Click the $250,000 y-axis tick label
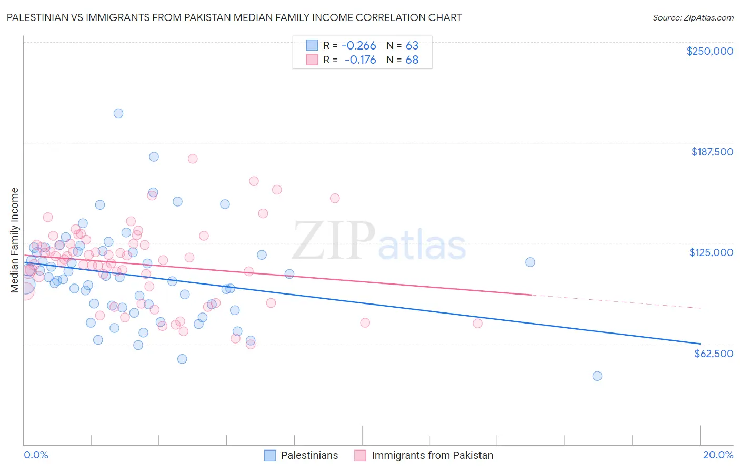(709, 51)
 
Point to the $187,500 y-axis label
(712, 152)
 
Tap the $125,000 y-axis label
(711, 252)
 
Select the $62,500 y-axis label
(714, 354)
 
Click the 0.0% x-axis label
(36, 455)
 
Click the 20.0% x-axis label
(718, 455)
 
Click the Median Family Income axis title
(14, 240)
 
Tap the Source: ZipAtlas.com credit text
(693, 17)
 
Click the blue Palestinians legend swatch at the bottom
(270, 455)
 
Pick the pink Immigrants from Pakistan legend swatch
(361, 455)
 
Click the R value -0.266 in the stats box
(358, 45)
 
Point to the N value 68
(412, 60)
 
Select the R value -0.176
(360, 60)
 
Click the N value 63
(412, 45)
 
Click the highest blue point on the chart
(118, 113)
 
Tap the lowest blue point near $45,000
(597, 376)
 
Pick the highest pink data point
(193, 159)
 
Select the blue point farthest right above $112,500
(530, 262)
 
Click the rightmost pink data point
(477, 324)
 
